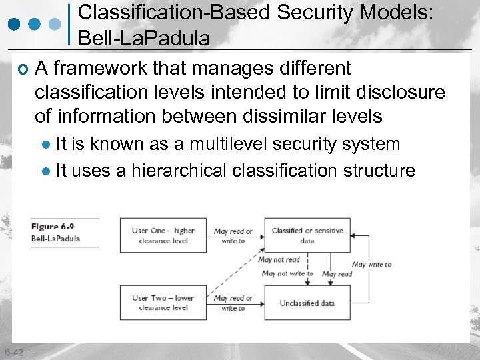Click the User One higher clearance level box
(x=163, y=235)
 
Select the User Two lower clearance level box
(x=163, y=303)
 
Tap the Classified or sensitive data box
(x=307, y=235)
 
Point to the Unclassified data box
(x=307, y=303)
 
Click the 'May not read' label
(x=279, y=260)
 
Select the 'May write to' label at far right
(x=371, y=265)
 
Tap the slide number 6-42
(x=13, y=352)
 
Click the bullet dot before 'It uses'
(x=45, y=171)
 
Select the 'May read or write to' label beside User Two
(x=233, y=303)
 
